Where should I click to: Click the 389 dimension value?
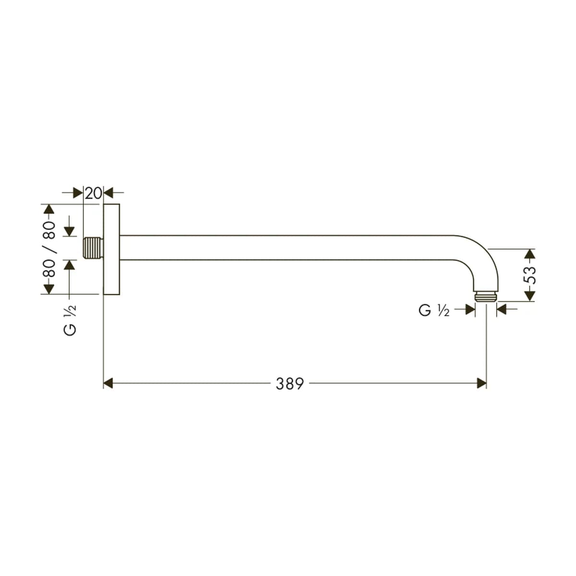(289, 384)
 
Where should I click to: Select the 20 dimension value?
(93, 193)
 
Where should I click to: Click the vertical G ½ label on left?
(70, 321)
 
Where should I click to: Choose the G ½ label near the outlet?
(434, 310)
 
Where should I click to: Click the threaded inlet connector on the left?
(93, 248)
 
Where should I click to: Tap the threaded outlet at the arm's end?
(486, 296)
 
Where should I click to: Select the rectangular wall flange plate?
(111, 249)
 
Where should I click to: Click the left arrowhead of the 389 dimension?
(108, 383)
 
